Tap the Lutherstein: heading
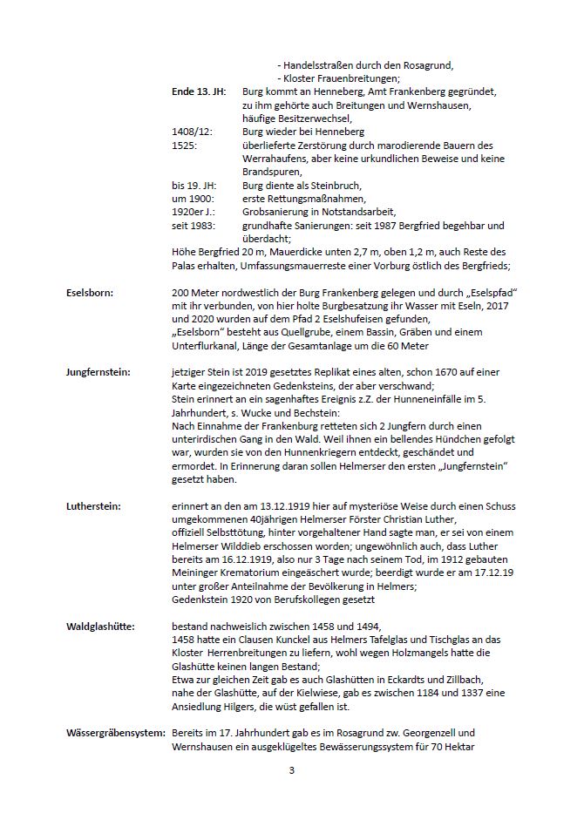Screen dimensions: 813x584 [x=93, y=505]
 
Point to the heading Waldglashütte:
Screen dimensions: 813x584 [x=100, y=626]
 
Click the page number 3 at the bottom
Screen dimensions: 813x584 [x=291, y=770]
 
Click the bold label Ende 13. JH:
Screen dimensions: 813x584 [x=199, y=91]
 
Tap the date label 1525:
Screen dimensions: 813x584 [x=185, y=145]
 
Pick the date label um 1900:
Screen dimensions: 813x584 [x=192, y=199]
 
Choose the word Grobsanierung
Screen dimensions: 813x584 [x=278, y=212]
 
